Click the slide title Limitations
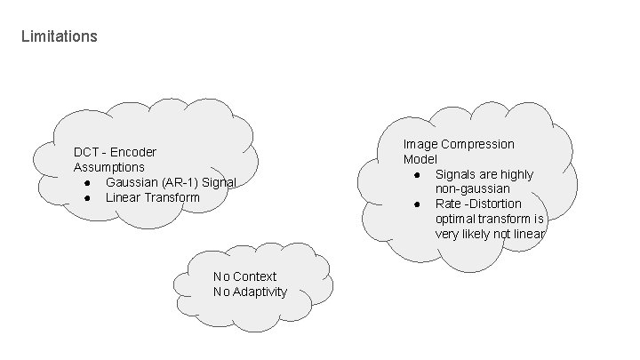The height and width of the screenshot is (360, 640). click(59, 37)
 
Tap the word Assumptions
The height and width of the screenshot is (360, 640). click(109, 167)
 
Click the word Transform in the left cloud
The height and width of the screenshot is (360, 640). click(172, 197)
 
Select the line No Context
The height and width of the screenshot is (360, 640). click(245, 276)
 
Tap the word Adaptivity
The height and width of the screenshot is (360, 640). click(260, 292)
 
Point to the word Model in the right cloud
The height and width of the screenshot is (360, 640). click(420, 159)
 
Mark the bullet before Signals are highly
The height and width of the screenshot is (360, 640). click(417, 174)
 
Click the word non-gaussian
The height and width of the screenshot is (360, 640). click(473, 189)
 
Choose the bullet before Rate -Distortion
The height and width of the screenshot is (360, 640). click(417, 204)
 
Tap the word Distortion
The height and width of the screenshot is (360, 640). click(500, 204)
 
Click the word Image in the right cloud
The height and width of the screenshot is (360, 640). click(420, 144)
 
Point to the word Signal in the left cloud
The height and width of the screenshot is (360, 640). click(219, 182)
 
